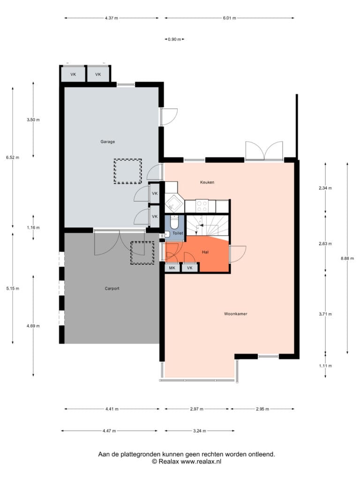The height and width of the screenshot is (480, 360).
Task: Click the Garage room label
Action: point(108,142)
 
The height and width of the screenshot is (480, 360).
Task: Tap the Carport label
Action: point(112,288)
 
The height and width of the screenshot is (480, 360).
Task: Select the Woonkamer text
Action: point(236,314)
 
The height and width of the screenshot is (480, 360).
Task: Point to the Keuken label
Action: point(207,182)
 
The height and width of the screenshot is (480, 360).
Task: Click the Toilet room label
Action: point(178,233)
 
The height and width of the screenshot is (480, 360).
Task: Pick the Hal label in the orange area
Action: point(205,252)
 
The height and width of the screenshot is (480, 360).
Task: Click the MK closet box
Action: point(172,268)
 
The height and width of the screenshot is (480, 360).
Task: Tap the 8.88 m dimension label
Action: point(347,258)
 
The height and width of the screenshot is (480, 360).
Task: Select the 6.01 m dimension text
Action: point(230,18)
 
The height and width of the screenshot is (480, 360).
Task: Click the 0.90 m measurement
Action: point(174,39)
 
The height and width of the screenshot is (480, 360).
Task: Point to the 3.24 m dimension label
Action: point(200,431)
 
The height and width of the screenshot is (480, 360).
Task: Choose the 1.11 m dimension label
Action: point(325,366)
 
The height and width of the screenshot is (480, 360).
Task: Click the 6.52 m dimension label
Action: point(13,157)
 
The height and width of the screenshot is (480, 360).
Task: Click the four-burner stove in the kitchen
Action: point(202,206)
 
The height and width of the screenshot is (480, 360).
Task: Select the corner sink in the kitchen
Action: point(173,203)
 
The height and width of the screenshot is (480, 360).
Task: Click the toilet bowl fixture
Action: point(174,223)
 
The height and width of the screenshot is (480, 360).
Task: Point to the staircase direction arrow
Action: point(200,226)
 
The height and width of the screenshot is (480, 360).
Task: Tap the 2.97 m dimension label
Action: point(197,409)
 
